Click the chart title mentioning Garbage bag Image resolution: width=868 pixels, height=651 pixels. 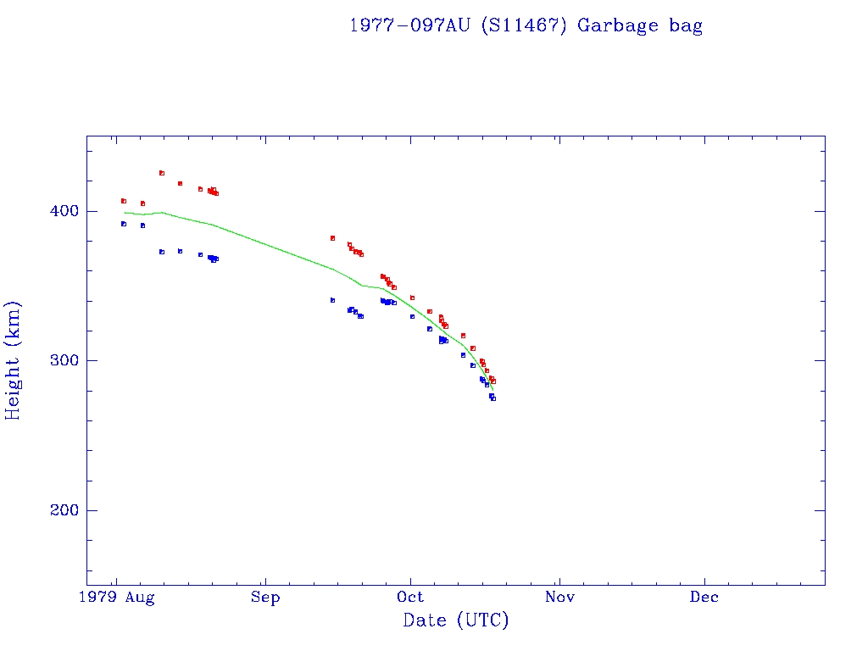click(x=526, y=25)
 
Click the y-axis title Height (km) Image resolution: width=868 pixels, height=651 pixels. click(x=14, y=360)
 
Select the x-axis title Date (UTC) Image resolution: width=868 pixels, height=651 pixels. click(x=456, y=620)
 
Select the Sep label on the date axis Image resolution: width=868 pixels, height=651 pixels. click(x=265, y=598)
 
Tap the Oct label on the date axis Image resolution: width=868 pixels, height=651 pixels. click(x=411, y=598)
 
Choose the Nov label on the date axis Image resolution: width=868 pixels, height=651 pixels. click(x=559, y=598)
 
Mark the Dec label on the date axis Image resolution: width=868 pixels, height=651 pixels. click(x=704, y=598)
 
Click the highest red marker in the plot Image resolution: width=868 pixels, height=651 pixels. click(x=162, y=173)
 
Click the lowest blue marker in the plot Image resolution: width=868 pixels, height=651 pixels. click(x=493, y=398)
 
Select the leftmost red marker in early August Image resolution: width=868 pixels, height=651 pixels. click(x=124, y=201)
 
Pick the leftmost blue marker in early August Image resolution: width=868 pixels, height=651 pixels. click(x=124, y=224)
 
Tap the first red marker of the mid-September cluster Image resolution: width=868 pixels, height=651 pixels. click(x=333, y=238)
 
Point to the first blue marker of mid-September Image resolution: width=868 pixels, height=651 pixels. click(x=333, y=300)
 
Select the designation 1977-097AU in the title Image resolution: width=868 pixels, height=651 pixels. click(x=411, y=25)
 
